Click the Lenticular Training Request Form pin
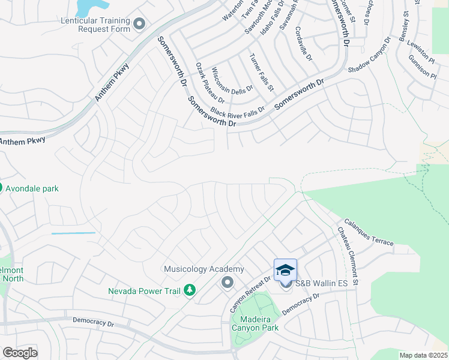140,25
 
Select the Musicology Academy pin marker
227,281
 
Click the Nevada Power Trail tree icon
190,291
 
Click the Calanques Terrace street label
369,233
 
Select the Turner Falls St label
261,72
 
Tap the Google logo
20,353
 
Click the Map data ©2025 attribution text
423,355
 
